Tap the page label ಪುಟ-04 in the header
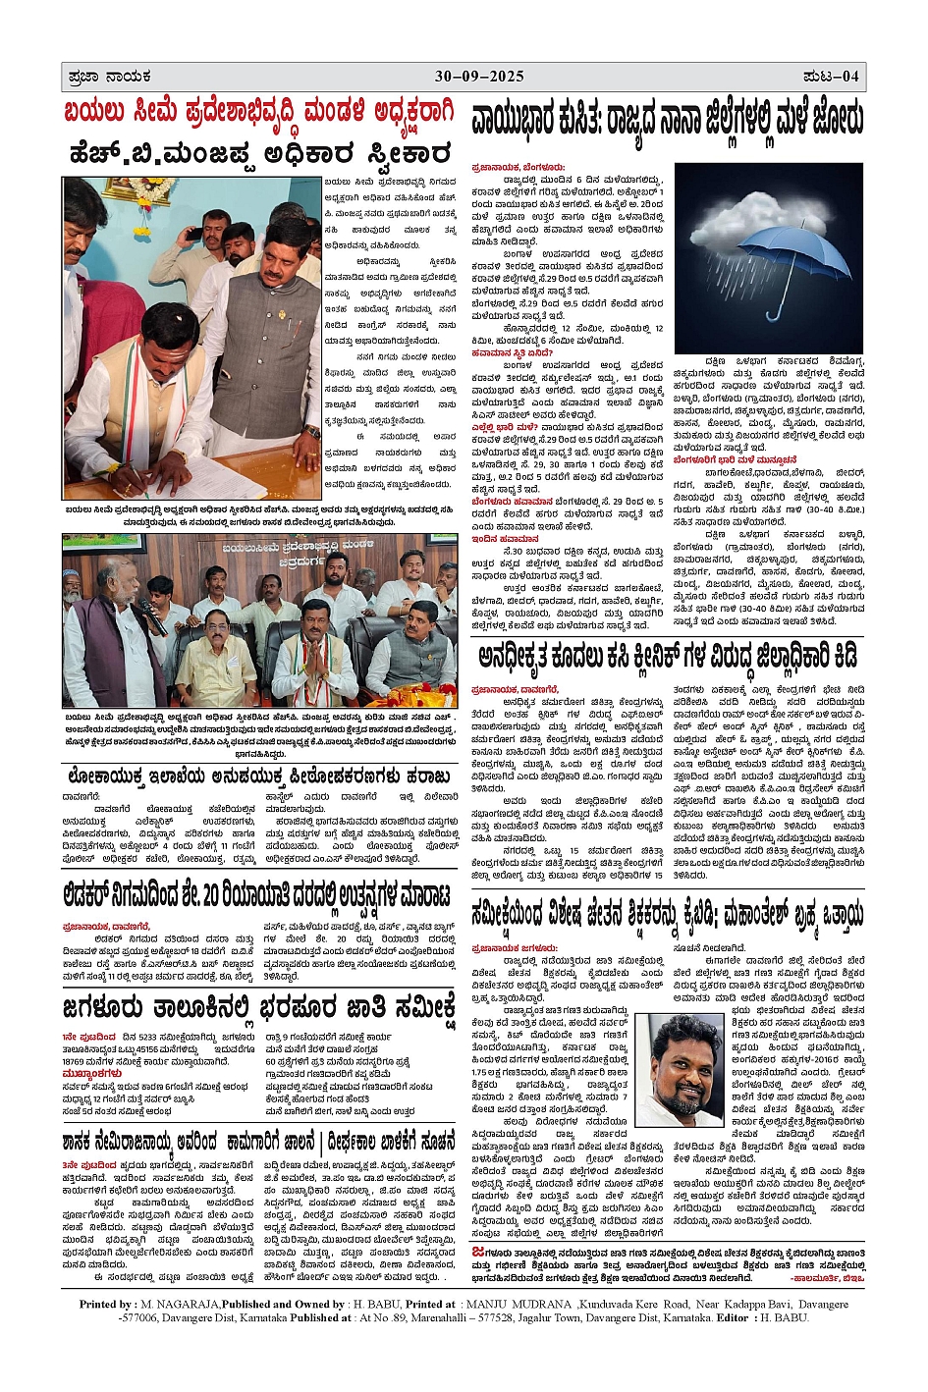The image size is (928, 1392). tap(831, 77)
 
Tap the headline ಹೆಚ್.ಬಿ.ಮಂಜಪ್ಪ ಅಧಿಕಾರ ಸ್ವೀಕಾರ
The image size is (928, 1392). tap(259, 154)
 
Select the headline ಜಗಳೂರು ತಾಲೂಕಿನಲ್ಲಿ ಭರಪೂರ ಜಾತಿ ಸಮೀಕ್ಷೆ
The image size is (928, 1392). tap(259, 1008)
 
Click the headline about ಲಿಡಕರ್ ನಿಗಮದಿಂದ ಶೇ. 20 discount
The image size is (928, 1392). tap(259, 897)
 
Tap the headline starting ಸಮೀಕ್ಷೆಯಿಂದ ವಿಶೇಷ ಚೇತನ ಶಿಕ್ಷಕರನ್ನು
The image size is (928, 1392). tap(668, 916)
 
